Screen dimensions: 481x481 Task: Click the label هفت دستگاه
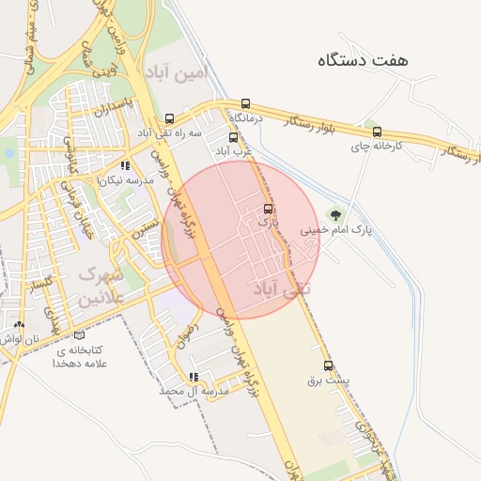coord(364,60)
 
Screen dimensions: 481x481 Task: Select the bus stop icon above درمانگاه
coord(246,104)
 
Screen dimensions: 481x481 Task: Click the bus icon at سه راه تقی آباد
coord(169,119)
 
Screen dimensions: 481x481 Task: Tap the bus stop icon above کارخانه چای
coord(377,132)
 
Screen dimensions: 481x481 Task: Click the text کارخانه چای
coord(377,147)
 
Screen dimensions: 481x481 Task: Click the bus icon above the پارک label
coord(269,209)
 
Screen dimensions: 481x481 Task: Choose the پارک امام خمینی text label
coord(335,229)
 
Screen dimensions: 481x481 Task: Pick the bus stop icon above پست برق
coord(328,366)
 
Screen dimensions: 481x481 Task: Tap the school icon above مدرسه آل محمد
coord(194,377)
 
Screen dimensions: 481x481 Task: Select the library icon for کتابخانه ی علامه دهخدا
coord(79,336)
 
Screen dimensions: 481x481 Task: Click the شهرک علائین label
coord(101,287)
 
